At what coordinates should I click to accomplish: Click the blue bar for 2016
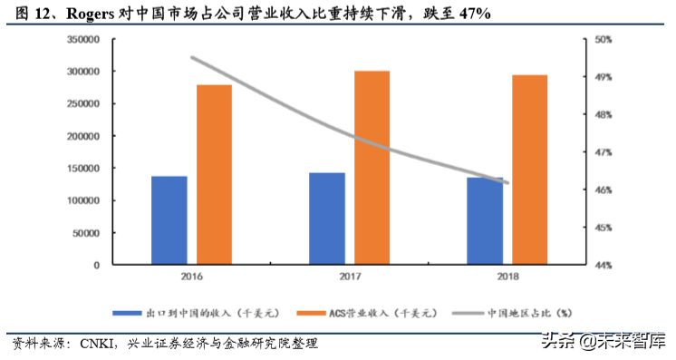click(169, 220)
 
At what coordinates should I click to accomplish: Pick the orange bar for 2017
click(372, 168)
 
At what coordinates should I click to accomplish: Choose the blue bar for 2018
click(485, 221)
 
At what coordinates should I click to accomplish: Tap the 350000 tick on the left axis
click(82, 39)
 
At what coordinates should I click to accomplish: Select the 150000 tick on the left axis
click(82, 169)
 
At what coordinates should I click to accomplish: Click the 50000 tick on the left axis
click(85, 233)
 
